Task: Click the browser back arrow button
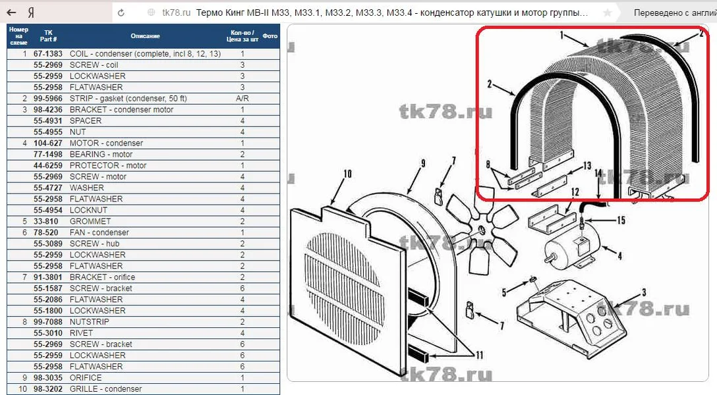[x=11, y=13]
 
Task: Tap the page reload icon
[x=121, y=13]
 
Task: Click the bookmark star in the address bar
[x=607, y=13]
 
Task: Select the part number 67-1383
[x=48, y=54]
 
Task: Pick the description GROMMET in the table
[x=90, y=221]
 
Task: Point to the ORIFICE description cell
[x=86, y=378]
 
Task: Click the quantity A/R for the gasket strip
[x=243, y=98]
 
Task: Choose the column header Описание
[x=146, y=36]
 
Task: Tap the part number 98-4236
[x=48, y=109]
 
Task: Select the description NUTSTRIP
[x=89, y=321]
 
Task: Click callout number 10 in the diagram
[x=347, y=174]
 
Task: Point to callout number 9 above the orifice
[x=423, y=163]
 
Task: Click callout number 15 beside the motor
[x=621, y=221]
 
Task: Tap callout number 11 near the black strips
[x=479, y=355]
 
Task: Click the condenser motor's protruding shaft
[x=548, y=259]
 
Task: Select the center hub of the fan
[x=482, y=230]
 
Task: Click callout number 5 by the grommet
[x=504, y=292]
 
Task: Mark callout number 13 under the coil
[x=587, y=166]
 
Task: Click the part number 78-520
[x=46, y=232]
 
